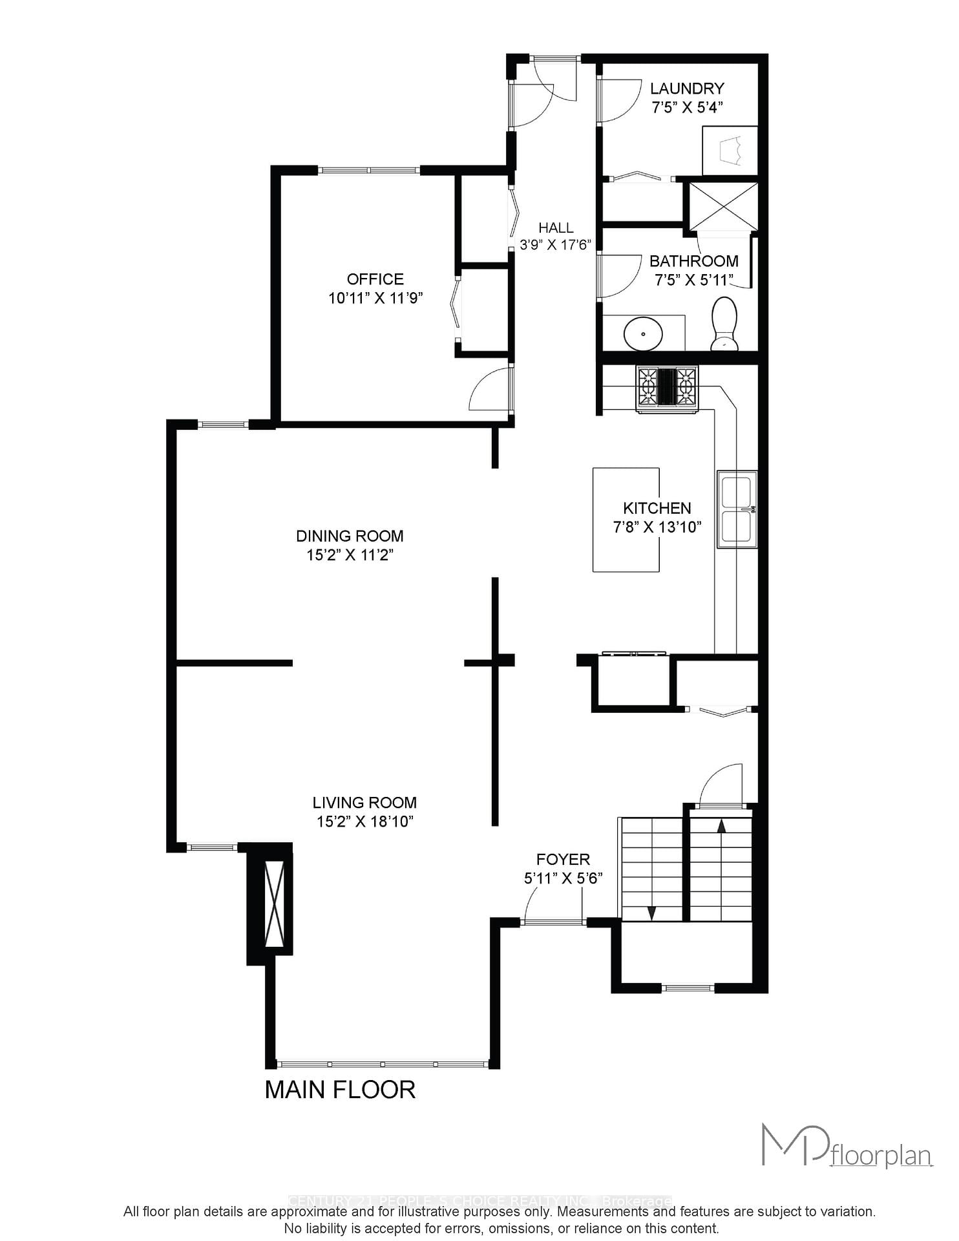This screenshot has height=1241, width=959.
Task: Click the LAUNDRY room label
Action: (x=686, y=89)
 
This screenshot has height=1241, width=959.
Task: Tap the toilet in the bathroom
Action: (x=724, y=323)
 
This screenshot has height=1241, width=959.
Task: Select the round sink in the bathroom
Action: (x=643, y=334)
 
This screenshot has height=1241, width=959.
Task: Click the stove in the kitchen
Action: (x=668, y=388)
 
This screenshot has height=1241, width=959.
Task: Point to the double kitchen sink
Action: (x=737, y=509)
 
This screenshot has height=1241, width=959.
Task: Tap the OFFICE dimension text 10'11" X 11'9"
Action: (x=375, y=298)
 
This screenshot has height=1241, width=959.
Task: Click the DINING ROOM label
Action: (x=350, y=536)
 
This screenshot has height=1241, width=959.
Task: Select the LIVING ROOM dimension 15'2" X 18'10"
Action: (x=364, y=822)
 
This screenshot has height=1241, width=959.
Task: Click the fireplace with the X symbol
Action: (x=275, y=904)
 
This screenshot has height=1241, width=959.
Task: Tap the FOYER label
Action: (x=563, y=859)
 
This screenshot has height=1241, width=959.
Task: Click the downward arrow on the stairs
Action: (x=651, y=913)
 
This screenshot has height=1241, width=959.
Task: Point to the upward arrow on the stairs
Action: (x=721, y=825)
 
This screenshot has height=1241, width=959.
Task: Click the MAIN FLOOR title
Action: (x=340, y=1090)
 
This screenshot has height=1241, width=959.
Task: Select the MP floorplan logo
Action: (x=847, y=1147)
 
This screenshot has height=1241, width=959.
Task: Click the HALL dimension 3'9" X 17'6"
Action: (x=556, y=245)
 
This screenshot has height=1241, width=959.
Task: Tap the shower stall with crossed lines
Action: (x=723, y=206)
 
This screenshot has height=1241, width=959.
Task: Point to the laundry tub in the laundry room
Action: (x=730, y=151)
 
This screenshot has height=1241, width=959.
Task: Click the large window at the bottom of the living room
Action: (x=382, y=1063)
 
